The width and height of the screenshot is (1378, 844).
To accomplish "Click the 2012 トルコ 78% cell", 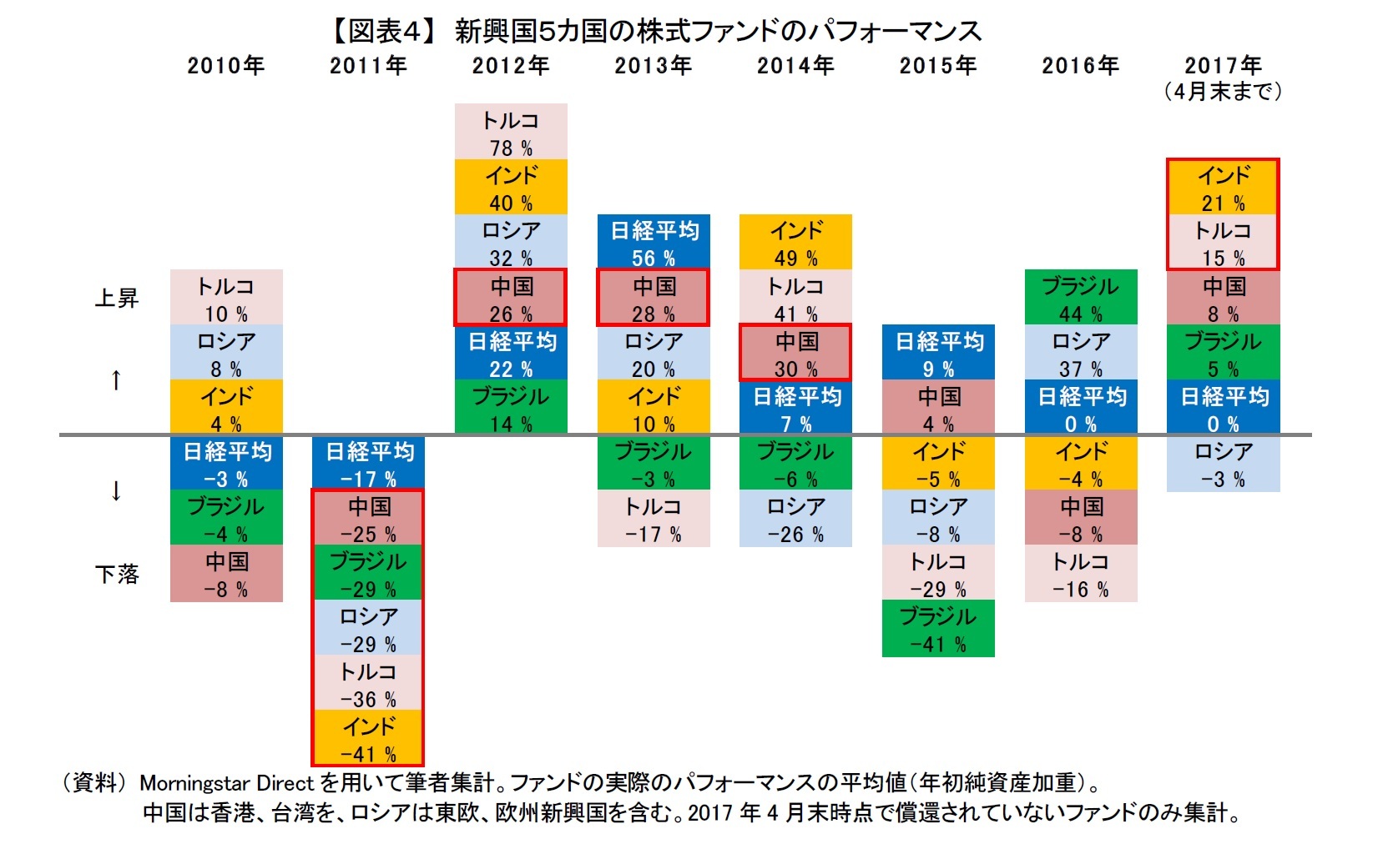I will click(511, 132).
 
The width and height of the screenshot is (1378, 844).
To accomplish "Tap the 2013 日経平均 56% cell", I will click(654, 242).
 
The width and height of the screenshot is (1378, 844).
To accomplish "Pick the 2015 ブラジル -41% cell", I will click(938, 628).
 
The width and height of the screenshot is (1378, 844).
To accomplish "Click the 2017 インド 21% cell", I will click(1223, 187).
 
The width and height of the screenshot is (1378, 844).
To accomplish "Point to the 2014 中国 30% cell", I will click(795, 352).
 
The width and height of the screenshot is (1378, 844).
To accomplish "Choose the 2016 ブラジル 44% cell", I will click(1081, 297).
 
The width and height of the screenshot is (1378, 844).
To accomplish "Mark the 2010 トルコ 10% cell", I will click(226, 297).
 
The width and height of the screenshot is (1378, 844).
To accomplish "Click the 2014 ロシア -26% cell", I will click(795, 518).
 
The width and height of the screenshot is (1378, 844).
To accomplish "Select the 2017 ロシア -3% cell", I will click(1223, 463).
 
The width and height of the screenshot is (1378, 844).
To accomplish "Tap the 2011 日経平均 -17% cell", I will click(368, 463).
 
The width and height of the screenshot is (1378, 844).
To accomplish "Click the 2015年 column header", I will click(937, 65).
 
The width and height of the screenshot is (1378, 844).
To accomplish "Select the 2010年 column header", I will click(225, 65).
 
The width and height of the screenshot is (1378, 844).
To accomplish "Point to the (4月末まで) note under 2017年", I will click(1223, 91).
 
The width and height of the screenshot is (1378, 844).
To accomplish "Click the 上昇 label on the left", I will click(116, 298).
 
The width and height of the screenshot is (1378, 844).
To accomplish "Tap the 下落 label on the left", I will click(116, 574).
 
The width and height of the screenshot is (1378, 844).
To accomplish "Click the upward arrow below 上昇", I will click(116, 380).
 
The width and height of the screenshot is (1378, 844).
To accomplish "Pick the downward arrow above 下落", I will click(116, 490).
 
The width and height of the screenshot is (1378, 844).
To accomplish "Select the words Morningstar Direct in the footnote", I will click(226, 783).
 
